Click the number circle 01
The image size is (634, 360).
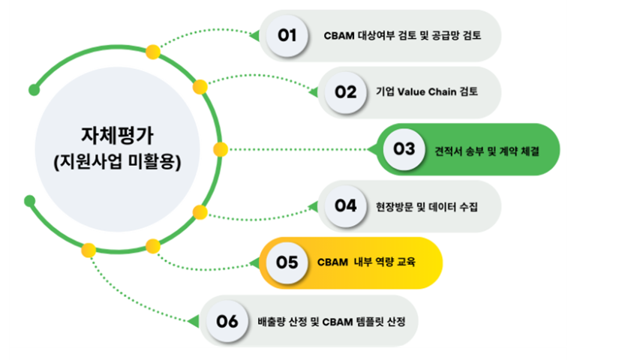[x=287, y=35]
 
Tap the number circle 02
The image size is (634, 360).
[x=346, y=92]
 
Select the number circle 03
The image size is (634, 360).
[x=404, y=148]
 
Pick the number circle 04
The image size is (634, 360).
[x=346, y=205]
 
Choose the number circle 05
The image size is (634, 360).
[x=287, y=262]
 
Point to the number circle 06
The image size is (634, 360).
[x=227, y=320]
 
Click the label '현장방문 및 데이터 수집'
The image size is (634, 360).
[x=428, y=206]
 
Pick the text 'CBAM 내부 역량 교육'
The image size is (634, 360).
[x=366, y=263]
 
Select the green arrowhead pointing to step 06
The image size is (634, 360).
[x=194, y=321]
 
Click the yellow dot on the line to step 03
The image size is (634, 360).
[x=220, y=149]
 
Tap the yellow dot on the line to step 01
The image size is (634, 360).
[x=153, y=52]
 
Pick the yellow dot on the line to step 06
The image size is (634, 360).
[x=89, y=249]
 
